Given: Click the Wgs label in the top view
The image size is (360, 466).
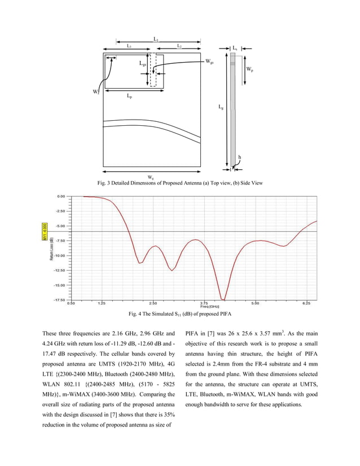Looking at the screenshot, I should point(209,61).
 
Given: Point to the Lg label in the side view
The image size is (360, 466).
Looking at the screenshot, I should point(221,106).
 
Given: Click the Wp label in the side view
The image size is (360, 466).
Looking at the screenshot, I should point(249,69).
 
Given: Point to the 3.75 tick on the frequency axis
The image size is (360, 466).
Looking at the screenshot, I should point(205,303).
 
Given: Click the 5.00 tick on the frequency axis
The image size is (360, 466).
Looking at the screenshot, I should point(255,303).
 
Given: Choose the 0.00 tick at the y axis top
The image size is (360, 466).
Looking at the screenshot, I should point(61,196).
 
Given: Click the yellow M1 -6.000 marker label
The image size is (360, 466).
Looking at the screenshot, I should point(45,231).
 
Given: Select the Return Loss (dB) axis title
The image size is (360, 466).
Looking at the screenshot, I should point(51,249).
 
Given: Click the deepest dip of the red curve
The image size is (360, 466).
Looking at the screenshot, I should point(223,299).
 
